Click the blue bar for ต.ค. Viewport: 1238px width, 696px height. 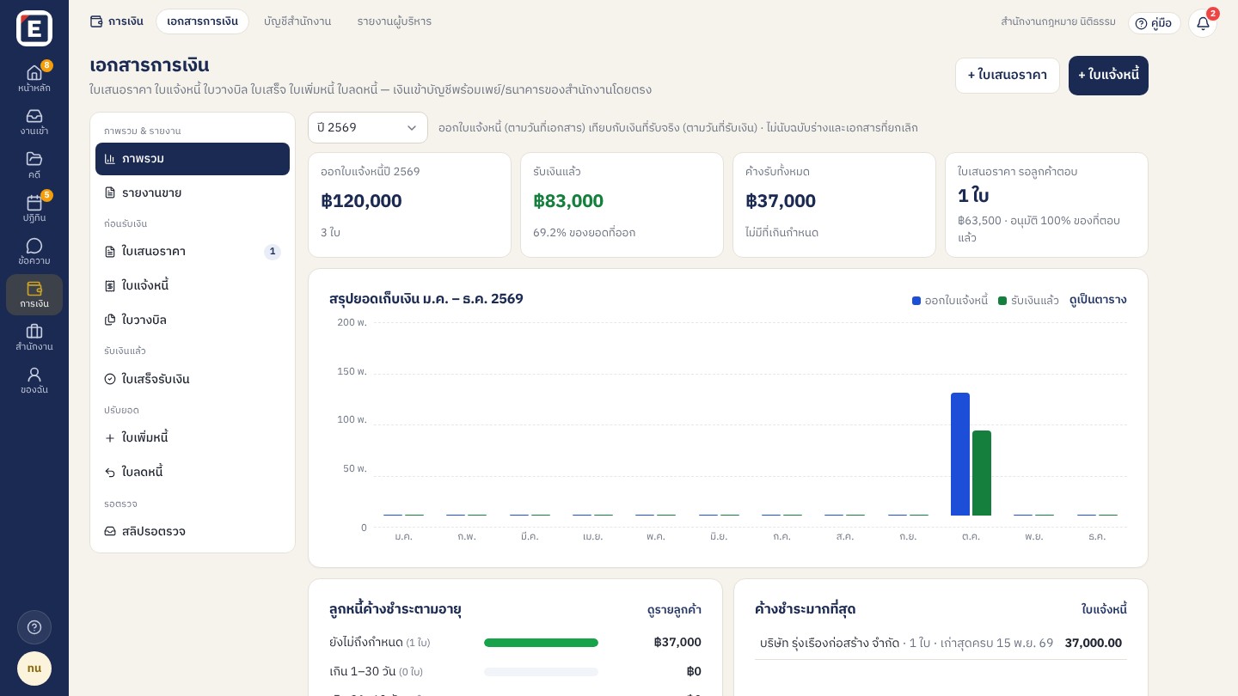pos(960,454)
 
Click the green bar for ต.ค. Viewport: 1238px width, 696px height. pos(982,473)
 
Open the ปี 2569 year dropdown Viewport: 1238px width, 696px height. pos(368,127)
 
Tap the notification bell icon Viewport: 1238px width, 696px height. pos(1204,23)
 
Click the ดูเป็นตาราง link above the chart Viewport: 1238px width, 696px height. pos(1098,300)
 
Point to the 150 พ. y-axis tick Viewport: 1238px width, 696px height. pos(352,371)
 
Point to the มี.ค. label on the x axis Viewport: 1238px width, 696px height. pos(530,536)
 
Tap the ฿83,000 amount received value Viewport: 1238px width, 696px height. pos(568,200)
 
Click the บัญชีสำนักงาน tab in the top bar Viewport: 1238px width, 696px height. pos(297,21)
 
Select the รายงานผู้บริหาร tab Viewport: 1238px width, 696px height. pos(394,21)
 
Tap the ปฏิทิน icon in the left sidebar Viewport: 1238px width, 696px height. pos(34,204)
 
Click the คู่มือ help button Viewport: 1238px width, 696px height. pos(1154,23)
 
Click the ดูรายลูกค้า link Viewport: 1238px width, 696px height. pos(674,610)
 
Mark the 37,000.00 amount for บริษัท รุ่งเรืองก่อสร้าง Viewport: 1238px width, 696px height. pos(1094,643)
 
